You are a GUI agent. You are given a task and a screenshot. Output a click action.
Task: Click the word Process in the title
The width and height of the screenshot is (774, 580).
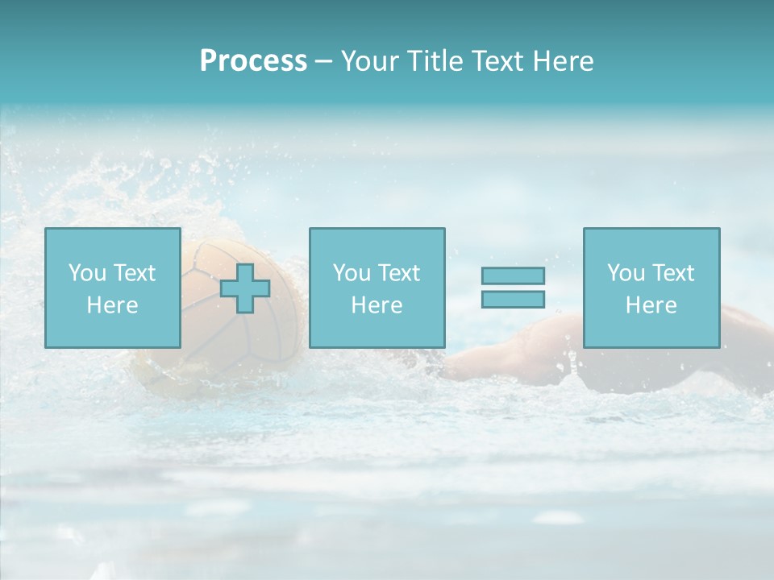[x=253, y=61]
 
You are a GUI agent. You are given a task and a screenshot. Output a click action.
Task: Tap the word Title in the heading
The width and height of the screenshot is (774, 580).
[x=434, y=61]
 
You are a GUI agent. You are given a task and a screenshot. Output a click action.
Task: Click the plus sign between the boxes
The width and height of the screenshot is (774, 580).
[x=245, y=288]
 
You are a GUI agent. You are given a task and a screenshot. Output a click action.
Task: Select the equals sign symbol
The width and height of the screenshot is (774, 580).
[x=513, y=288]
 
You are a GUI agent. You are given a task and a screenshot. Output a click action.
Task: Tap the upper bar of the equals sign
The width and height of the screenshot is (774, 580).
[x=513, y=275]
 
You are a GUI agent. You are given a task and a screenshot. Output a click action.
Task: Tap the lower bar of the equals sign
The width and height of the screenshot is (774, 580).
[x=513, y=300]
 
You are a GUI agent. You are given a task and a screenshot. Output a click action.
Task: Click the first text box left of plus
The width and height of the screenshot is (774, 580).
[x=112, y=288]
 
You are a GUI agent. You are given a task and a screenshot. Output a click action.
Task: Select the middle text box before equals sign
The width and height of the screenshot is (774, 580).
[x=377, y=288]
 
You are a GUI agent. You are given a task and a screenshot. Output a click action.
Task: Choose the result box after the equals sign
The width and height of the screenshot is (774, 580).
[x=651, y=288]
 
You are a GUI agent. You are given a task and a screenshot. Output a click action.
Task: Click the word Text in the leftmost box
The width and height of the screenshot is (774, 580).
[x=135, y=273]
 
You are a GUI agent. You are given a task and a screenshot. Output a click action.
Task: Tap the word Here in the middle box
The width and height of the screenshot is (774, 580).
[x=377, y=304]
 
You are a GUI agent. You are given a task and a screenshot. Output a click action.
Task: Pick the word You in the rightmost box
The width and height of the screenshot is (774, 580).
[x=626, y=273]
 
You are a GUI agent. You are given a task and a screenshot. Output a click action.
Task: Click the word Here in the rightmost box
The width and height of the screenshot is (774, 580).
[x=651, y=304]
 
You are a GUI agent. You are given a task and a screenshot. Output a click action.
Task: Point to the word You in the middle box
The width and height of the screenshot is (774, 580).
[x=352, y=273]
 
